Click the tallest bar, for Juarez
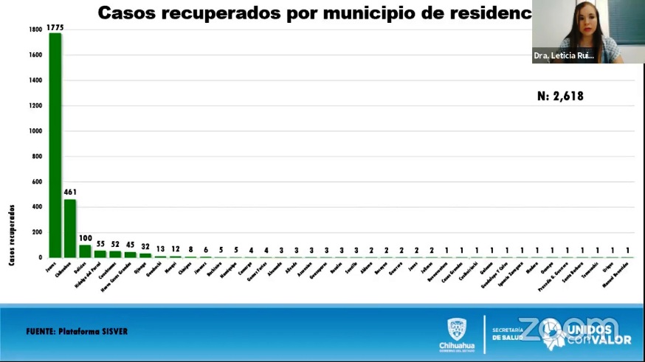(55, 147)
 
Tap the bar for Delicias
(85, 251)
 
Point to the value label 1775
(55, 28)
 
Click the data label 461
(70, 192)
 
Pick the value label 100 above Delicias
(85, 238)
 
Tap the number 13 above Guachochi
(160, 249)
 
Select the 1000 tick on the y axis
(35, 131)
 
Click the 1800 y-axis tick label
(35, 29)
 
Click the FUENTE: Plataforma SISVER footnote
(77, 332)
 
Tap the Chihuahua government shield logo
(457, 329)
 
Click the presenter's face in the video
(580, 21)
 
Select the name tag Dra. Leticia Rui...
(564, 56)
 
